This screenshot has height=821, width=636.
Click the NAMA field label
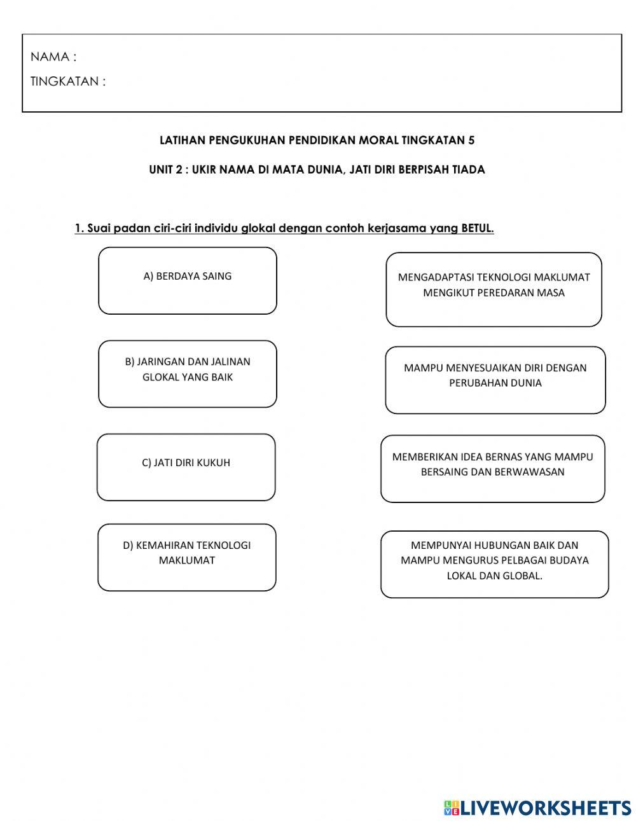pyautogui.click(x=53, y=57)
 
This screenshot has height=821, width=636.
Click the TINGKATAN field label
pyautogui.click(x=68, y=81)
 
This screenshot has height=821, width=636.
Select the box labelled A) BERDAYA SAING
pyautogui.click(x=188, y=280)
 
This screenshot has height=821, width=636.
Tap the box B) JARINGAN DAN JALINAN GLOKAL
pyautogui.click(x=188, y=374)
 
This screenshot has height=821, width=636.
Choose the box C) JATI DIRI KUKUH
pyautogui.click(x=186, y=467)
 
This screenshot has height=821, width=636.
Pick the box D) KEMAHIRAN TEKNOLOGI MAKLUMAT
pyautogui.click(x=187, y=557)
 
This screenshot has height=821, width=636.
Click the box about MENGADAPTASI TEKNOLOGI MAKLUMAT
pyautogui.click(x=494, y=289)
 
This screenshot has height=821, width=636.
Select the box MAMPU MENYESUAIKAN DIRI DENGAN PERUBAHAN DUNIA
pyautogui.click(x=495, y=380)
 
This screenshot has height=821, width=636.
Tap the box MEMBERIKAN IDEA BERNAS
pyautogui.click(x=492, y=469)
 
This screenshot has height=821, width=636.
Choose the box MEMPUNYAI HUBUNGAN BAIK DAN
pyautogui.click(x=494, y=564)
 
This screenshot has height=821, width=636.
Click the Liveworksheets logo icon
pyautogui.click(x=452, y=808)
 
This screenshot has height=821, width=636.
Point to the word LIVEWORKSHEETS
pyautogui.click(x=546, y=808)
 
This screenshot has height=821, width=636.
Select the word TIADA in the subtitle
pyautogui.click(x=469, y=170)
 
